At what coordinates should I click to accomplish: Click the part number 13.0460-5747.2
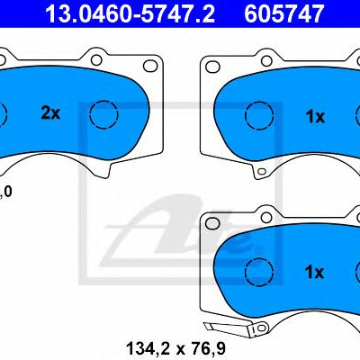130,13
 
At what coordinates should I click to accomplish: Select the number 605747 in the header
283,13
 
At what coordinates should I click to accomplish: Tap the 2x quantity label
50,113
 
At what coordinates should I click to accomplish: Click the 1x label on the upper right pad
315,116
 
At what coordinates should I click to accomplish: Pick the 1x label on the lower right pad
314,273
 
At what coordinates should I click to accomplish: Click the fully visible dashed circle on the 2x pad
103,114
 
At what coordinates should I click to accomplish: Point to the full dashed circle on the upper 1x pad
259,115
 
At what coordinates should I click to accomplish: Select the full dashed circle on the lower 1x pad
259,272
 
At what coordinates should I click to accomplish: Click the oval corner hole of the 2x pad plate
150,66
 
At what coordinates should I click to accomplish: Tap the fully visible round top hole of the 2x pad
96,60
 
